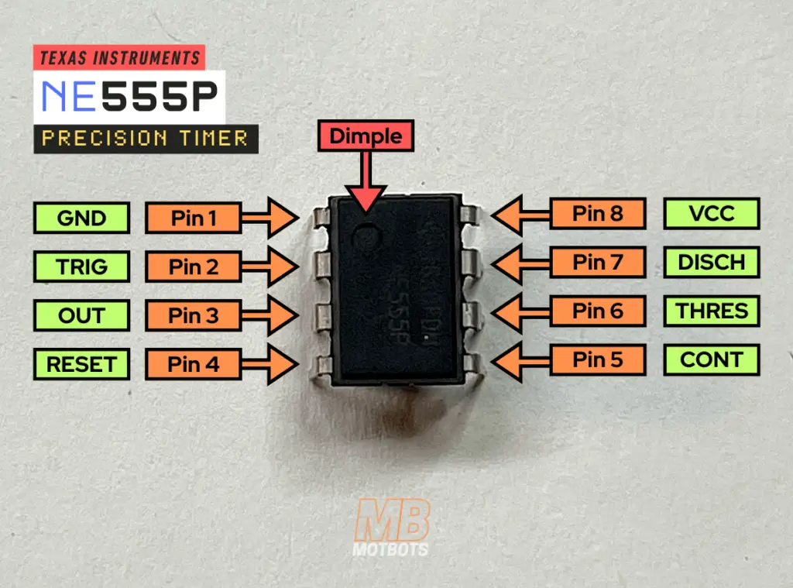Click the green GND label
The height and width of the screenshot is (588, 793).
81,218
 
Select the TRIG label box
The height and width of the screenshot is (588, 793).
81,266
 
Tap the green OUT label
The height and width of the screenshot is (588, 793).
81,315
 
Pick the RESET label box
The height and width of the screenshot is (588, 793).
81,363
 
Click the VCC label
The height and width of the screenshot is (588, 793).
712,213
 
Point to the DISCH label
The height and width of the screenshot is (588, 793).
712,262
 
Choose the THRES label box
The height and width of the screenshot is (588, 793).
712,311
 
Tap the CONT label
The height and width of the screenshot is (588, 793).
712,359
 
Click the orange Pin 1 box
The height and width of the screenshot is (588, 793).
194,218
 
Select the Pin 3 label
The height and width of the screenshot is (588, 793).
194,315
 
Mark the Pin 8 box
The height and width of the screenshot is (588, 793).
598,213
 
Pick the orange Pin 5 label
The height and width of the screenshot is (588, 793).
598,359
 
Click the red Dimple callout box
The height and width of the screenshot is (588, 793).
366,136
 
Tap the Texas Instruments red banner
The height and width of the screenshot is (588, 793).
119,57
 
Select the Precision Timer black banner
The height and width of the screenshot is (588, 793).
146,139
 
